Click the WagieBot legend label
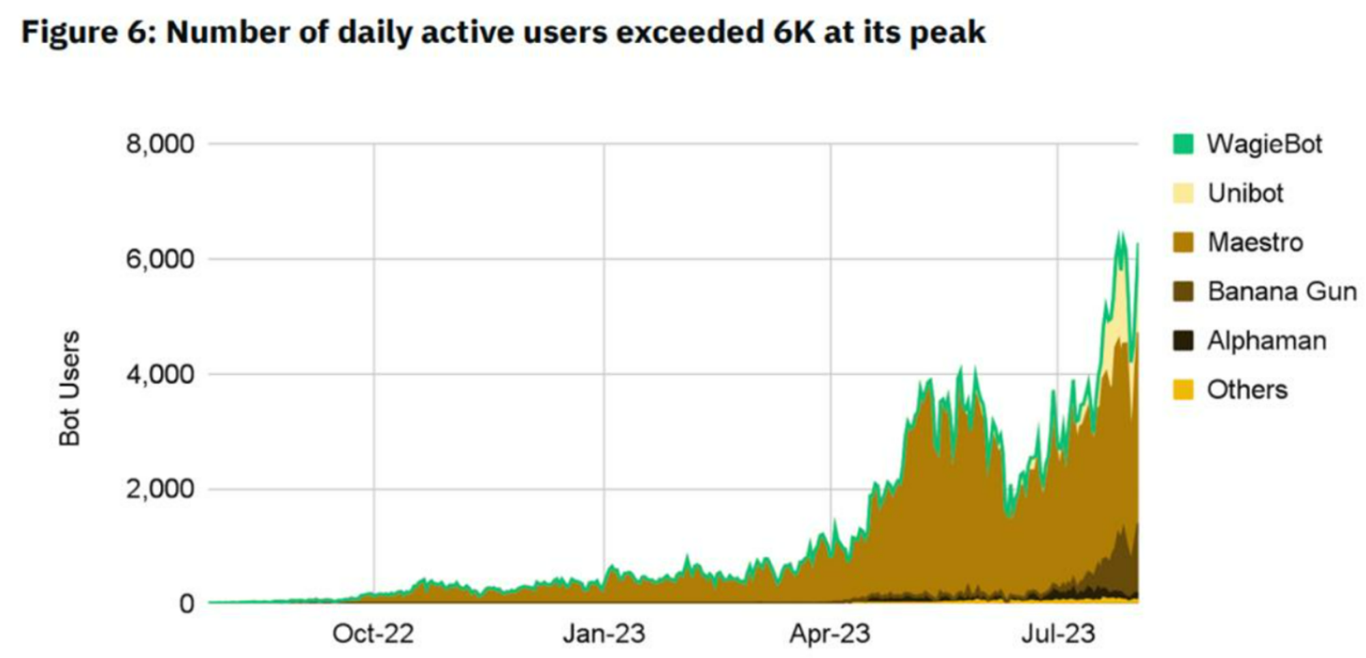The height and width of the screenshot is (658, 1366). (1264, 144)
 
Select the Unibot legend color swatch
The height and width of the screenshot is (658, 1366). (1183, 193)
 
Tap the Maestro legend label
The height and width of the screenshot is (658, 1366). (1255, 243)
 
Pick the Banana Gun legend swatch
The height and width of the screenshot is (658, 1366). (1183, 292)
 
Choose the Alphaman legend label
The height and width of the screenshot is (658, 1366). (1266, 341)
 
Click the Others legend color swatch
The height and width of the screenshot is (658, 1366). (1183, 390)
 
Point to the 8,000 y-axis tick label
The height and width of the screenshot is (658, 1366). (160, 144)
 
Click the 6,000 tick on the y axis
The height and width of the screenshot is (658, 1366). (160, 260)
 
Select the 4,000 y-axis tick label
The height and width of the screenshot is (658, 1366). (160, 374)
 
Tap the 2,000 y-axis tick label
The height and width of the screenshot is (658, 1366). (160, 489)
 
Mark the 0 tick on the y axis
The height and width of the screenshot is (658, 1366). (186, 604)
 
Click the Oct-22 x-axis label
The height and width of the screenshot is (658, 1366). (373, 634)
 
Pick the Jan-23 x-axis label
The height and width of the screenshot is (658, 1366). (604, 634)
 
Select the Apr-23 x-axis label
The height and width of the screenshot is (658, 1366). (830, 634)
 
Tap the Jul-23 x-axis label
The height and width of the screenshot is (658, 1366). (1058, 634)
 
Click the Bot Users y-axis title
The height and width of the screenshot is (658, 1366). (70, 388)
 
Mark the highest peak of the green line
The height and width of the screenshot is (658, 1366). (1119, 232)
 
